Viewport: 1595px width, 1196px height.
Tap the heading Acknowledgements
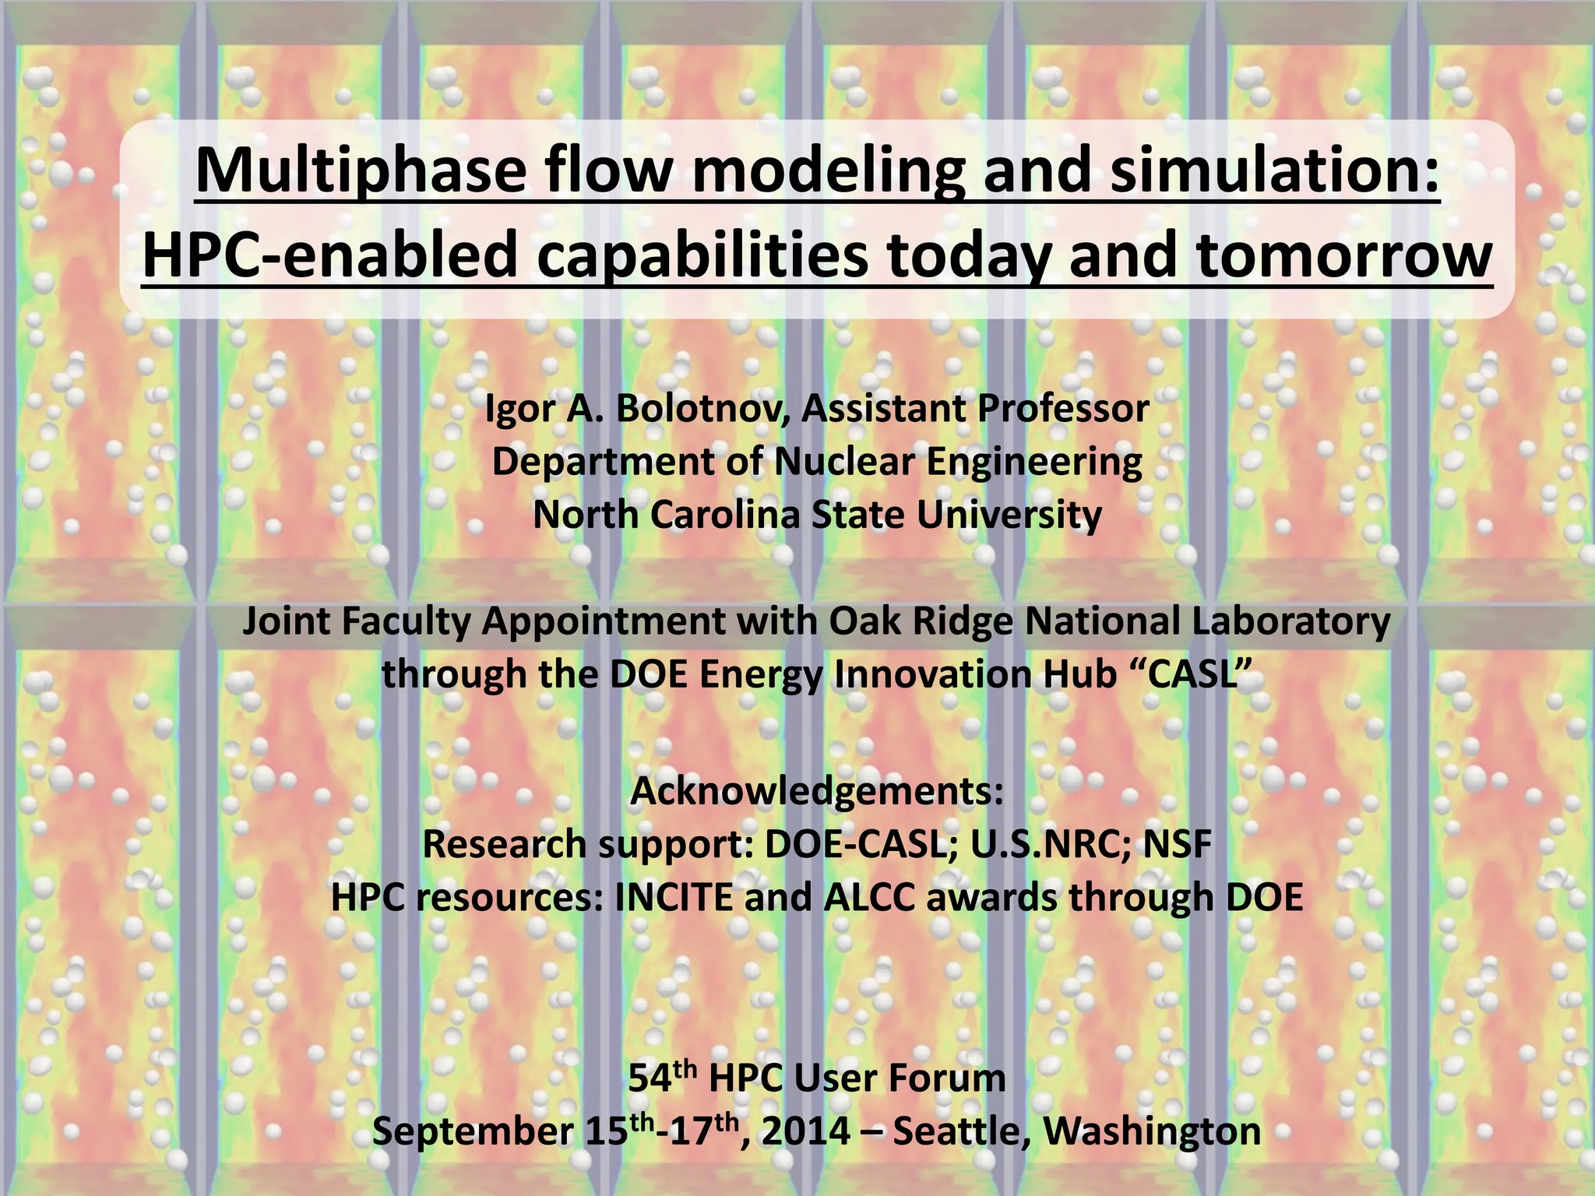coord(816,791)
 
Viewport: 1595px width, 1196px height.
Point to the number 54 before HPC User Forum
coord(650,1079)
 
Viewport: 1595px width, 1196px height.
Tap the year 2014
coord(806,1131)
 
